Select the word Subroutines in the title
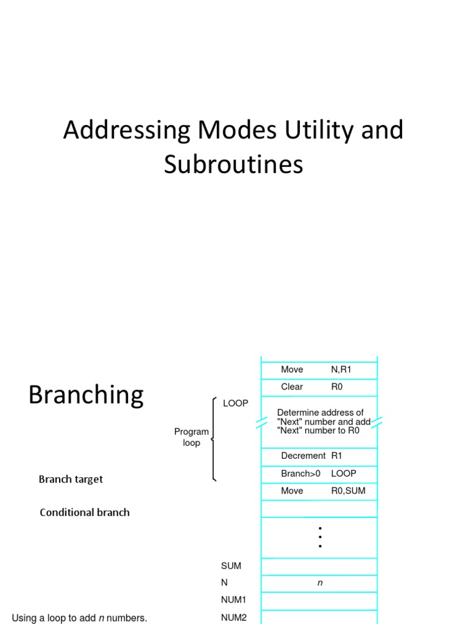(x=233, y=165)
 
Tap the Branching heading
(x=86, y=395)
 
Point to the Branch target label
(x=71, y=479)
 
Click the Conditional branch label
(x=85, y=512)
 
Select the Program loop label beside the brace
(x=191, y=437)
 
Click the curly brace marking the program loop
(x=213, y=439)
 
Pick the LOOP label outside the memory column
(x=235, y=403)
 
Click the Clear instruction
(x=292, y=386)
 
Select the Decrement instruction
(x=303, y=456)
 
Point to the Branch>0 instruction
(x=300, y=473)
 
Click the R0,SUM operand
(x=348, y=491)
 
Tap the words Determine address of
(x=320, y=413)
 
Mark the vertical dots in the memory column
(x=320, y=537)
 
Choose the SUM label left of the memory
(x=231, y=565)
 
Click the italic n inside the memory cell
(x=319, y=583)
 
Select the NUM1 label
(x=233, y=600)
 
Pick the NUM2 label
(x=233, y=617)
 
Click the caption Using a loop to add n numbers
(x=79, y=618)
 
